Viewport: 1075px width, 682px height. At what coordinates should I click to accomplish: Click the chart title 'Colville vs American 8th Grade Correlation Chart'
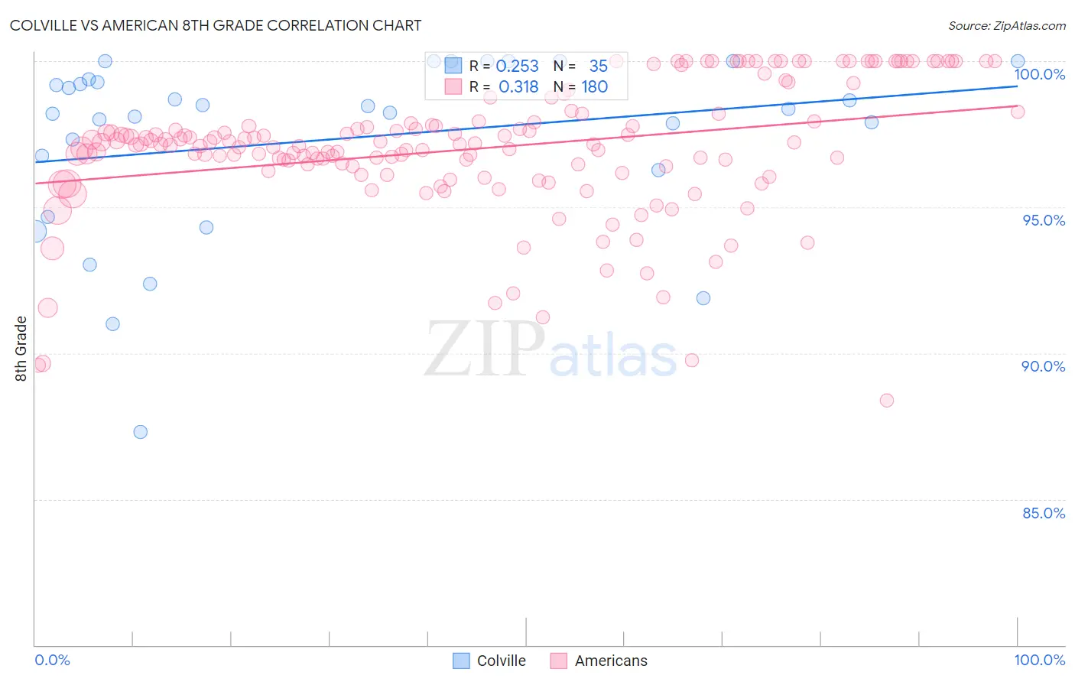pyautogui.click(x=216, y=25)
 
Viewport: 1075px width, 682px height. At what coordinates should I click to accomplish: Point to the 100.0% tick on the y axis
pyautogui.click(x=1039, y=74)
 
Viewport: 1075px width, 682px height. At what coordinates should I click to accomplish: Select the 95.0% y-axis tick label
pyautogui.click(x=1044, y=220)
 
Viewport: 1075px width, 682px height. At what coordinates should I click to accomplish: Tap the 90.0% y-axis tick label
pyautogui.click(x=1043, y=366)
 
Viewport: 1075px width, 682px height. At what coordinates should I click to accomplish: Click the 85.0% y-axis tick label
pyautogui.click(x=1043, y=513)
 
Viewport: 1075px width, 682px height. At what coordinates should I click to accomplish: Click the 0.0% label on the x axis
pyautogui.click(x=52, y=660)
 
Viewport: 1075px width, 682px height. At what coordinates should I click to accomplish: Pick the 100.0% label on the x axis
pyautogui.click(x=1039, y=660)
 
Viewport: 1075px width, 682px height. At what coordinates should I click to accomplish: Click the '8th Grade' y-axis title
pyautogui.click(x=21, y=349)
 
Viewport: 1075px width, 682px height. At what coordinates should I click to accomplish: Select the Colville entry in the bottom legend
pyautogui.click(x=490, y=661)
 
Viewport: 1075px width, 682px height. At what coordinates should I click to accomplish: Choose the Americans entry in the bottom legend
pyautogui.click(x=599, y=661)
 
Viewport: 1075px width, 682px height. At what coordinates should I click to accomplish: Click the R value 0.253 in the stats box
pyautogui.click(x=518, y=67)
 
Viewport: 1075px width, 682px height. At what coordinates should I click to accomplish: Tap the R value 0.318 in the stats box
pyautogui.click(x=518, y=87)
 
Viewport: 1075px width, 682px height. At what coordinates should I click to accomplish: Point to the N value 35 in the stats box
pyautogui.click(x=598, y=67)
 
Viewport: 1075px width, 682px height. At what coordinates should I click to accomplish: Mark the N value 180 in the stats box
pyautogui.click(x=594, y=87)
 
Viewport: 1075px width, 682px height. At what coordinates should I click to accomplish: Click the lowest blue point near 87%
pyautogui.click(x=141, y=432)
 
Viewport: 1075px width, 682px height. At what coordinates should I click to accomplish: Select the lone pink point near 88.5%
pyautogui.click(x=887, y=401)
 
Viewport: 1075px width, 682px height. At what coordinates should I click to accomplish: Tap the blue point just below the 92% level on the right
pyautogui.click(x=703, y=298)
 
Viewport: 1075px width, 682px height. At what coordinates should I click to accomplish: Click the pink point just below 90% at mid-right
pyautogui.click(x=692, y=360)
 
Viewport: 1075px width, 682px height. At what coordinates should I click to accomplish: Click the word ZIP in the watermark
pyautogui.click(x=485, y=349)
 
